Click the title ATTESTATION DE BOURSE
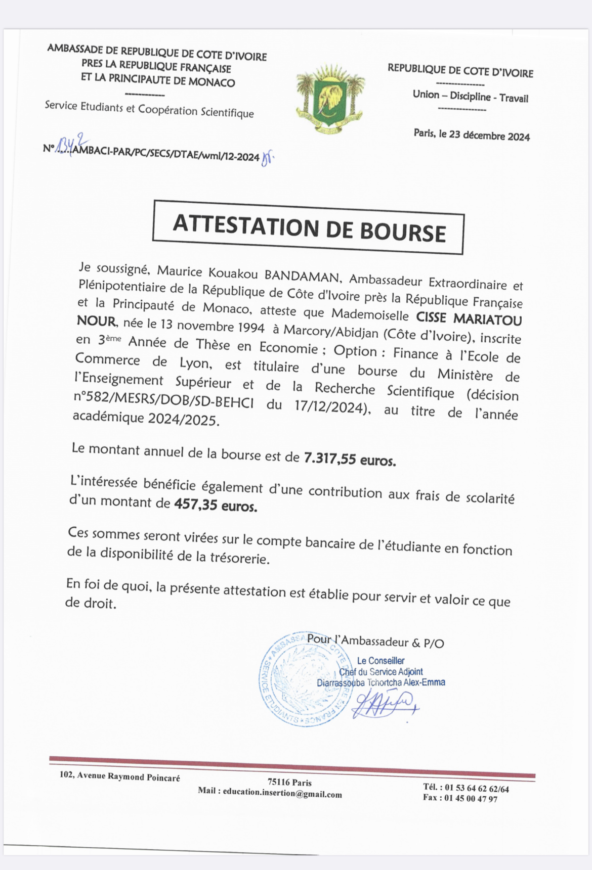click(309, 228)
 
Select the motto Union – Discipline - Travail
click(470, 96)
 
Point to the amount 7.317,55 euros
click(350, 459)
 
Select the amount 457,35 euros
click(216, 505)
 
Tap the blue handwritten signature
click(385, 703)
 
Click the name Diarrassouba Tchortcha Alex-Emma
click(381, 682)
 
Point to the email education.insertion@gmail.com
click(282, 794)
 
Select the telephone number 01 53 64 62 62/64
click(477, 788)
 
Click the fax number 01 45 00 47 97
click(471, 799)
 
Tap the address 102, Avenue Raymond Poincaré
click(120, 776)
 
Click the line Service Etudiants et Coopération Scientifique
click(149, 109)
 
